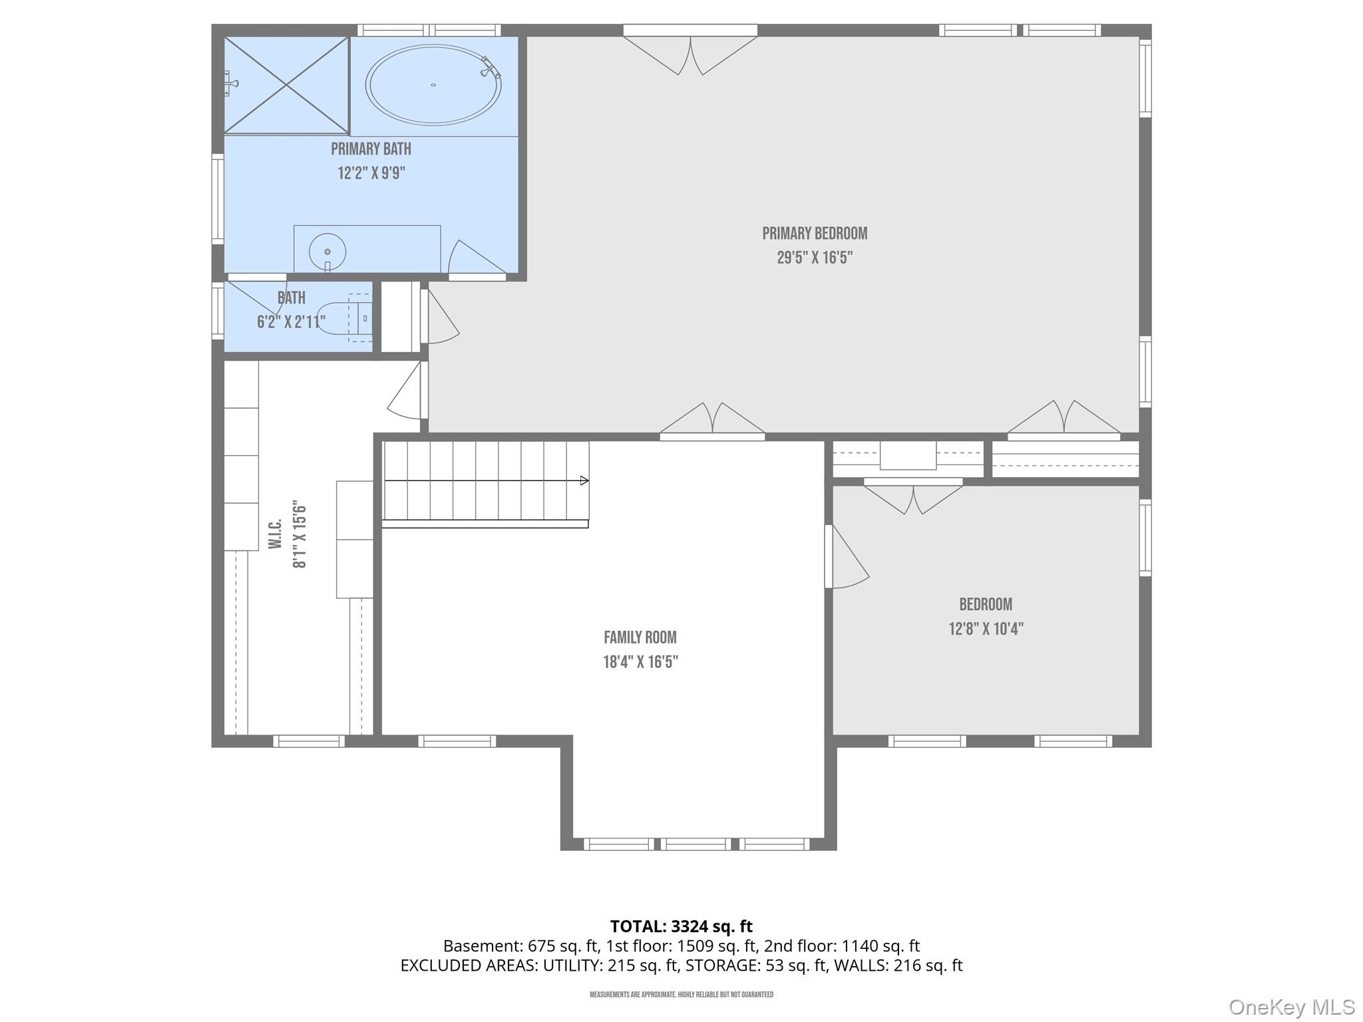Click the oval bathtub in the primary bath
pyautogui.click(x=433, y=85)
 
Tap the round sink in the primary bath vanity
pyautogui.click(x=327, y=252)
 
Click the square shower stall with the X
pyautogui.click(x=286, y=85)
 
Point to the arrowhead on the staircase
pyautogui.click(x=584, y=480)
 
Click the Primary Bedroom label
pyautogui.click(x=815, y=234)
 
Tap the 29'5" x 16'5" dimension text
pyautogui.click(x=815, y=257)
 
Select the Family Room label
pyautogui.click(x=640, y=637)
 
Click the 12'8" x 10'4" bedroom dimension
pyautogui.click(x=986, y=629)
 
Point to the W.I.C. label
pyautogui.click(x=276, y=534)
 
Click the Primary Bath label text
pyautogui.click(x=371, y=149)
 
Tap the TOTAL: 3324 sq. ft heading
pyautogui.click(x=681, y=926)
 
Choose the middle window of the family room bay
pyautogui.click(x=696, y=844)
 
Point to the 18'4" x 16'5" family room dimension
pyautogui.click(x=640, y=662)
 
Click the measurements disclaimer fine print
pyautogui.click(x=681, y=995)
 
